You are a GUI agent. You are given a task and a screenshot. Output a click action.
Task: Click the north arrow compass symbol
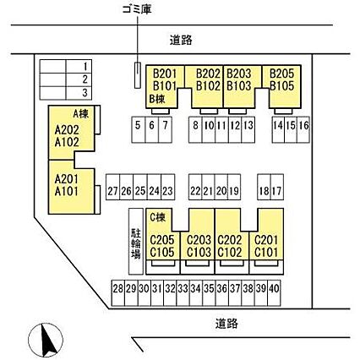click(46, 340)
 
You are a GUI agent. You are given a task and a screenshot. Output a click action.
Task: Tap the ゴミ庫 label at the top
click(137, 9)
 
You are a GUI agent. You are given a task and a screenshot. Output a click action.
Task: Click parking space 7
click(166, 129)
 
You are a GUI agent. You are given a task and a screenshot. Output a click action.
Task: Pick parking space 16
click(303, 129)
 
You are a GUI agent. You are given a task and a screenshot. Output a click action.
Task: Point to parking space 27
click(112, 187)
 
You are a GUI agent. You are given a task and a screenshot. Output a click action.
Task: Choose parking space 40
click(274, 293)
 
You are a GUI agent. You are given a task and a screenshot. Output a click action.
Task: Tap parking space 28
click(118, 293)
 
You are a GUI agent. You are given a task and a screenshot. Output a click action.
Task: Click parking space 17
click(277, 187)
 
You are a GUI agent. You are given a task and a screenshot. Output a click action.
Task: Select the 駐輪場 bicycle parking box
click(136, 242)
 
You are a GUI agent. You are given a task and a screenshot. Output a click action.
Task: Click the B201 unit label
click(165, 74)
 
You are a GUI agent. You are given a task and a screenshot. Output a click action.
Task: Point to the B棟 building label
click(157, 99)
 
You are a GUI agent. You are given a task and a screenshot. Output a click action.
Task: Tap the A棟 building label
click(81, 113)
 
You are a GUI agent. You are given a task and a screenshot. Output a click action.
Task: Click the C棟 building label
click(157, 217)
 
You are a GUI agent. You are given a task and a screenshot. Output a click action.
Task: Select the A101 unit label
click(67, 191)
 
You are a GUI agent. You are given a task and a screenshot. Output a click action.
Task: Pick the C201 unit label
click(266, 240)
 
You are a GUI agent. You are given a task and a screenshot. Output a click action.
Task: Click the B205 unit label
click(281, 74)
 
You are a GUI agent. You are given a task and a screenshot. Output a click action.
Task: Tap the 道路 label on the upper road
click(181, 41)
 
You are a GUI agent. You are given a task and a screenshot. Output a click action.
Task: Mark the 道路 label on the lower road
click(226, 324)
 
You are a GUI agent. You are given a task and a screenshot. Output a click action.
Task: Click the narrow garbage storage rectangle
click(138, 75)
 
